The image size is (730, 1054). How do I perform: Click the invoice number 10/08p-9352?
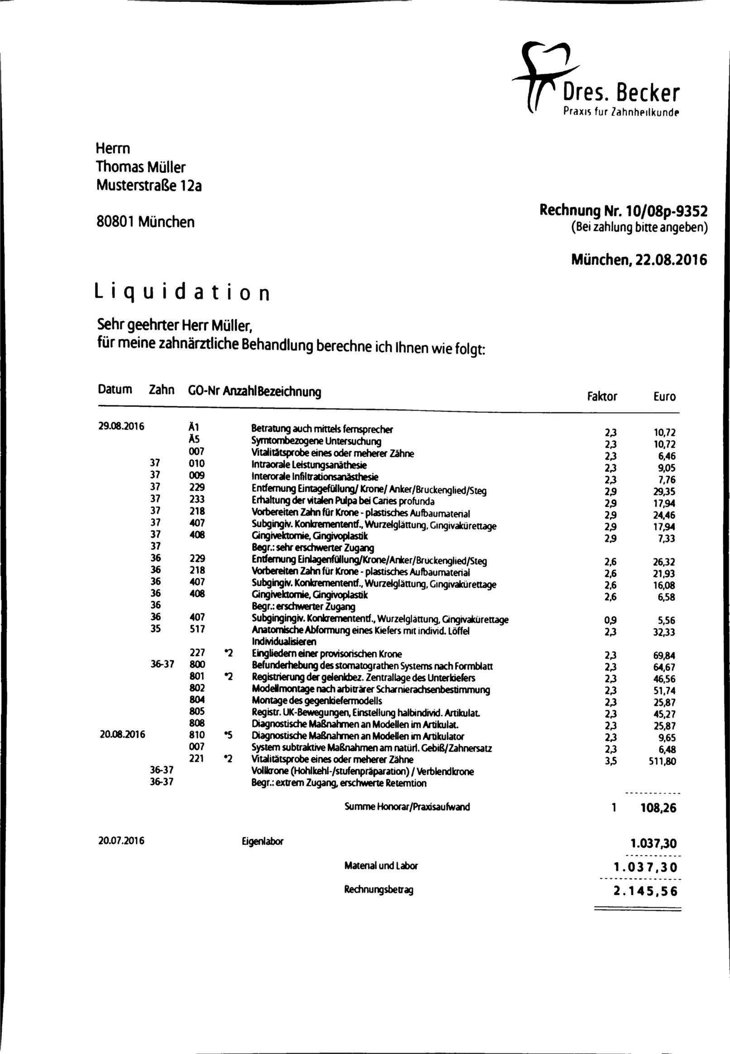tap(666, 211)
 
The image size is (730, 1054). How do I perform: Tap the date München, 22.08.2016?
tap(639, 260)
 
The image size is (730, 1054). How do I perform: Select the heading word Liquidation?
tap(182, 292)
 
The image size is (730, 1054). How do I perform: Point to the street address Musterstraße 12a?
tap(149, 185)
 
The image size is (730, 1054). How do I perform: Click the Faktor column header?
tap(601, 396)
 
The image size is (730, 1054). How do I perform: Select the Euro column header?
tap(664, 396)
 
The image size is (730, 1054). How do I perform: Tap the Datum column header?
tap(115, 389)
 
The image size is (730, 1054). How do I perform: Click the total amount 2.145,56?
tap(645, 891)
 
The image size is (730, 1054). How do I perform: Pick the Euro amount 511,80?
tap(662, 761)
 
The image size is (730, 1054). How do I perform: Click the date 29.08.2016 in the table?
tap(121, 426)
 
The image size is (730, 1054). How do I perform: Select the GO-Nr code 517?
tap(197, 629)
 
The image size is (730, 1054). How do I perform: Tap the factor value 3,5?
tap(610, 761)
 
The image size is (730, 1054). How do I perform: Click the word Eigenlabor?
tap(263, 841)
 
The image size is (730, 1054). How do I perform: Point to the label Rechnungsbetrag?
tap(378, 889)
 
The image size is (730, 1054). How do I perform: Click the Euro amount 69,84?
tap(664, 655)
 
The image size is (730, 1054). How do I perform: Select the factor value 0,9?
tap(610, 620)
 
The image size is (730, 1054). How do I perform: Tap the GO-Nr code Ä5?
tap(194, 439)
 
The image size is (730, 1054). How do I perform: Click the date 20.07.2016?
tap(121, 840)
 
